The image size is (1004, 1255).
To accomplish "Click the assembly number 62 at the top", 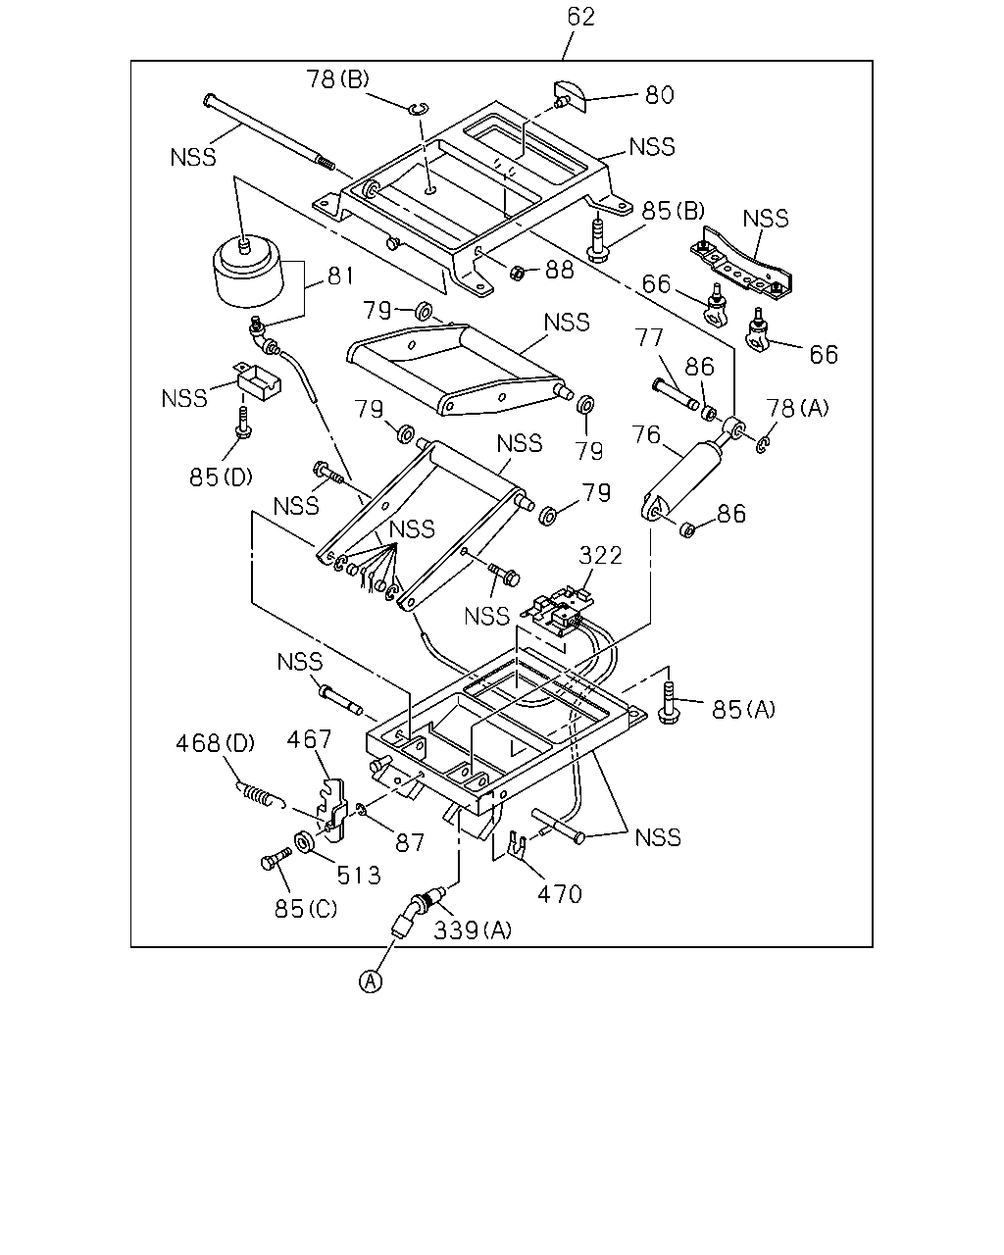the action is pyautogui.click(x=580, y=17).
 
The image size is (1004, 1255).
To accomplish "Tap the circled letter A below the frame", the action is pyautogui.click(x=371, y=980).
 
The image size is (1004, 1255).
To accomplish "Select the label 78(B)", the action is pyautogui.click(x=338, y=78).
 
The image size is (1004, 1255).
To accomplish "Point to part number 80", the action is pyautogui.click(x=659, y=95).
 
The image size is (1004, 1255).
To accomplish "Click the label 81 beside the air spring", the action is pyautogui.click(x=340, y=276).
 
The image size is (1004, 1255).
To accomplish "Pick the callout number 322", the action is pyautogui.click(x=600, y=555).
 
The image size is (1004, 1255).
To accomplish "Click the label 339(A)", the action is pyautogui.click(x=473, y=930).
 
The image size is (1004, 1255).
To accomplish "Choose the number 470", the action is pyautogui.click(x=560, y=894).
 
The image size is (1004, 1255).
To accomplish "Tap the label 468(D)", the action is pyautogui.click(x=216, y=743).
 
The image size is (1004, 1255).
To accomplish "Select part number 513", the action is pyautogui.click(x=359, y=875).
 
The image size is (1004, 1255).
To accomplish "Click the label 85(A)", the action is pyautogui.click(x=743, y=710).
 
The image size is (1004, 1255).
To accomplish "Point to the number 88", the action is pyautogui.click(x=560, y=270).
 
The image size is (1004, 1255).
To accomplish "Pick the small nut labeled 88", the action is pyautogui.click(x=517, y=273).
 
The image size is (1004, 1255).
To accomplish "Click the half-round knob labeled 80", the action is pyautogui.click(x=569, y=96).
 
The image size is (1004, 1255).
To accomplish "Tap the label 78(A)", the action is pyautogui.click(x=797, y=408).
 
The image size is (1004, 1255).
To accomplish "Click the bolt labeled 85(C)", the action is pyautogui.click(x=276, y=860).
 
